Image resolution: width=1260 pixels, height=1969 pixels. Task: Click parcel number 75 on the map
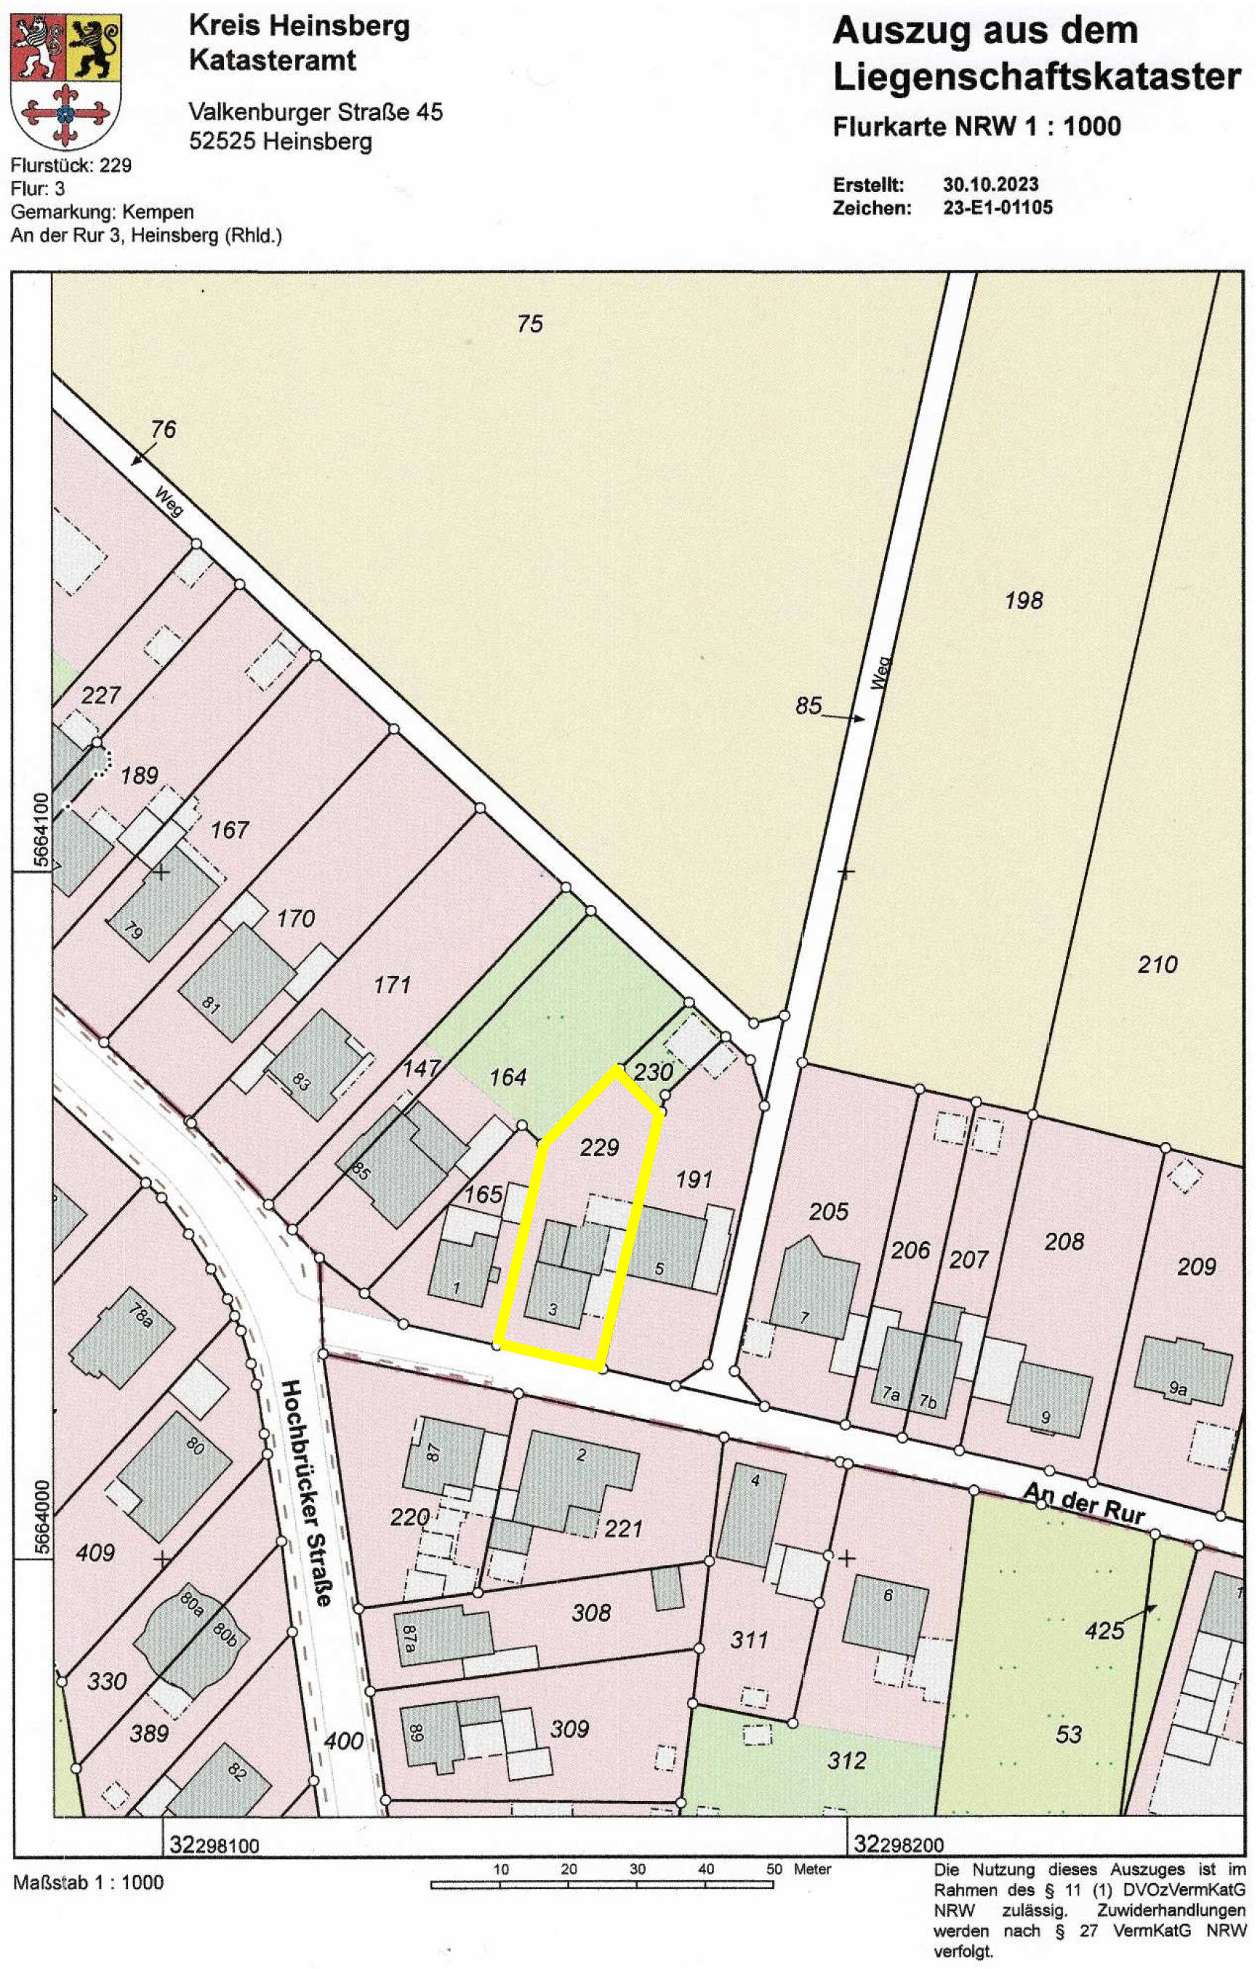pos(529,324)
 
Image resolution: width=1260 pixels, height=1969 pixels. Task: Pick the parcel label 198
pos(1024,601)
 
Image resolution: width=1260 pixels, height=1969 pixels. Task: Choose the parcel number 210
pos(1157,964)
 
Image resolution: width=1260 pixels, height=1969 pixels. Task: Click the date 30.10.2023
pos(990,184)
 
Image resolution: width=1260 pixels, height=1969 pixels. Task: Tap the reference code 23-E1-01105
pos(998,207)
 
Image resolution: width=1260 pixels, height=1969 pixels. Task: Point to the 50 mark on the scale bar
pos(773,1845)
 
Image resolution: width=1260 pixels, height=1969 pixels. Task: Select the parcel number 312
pos(846,1760)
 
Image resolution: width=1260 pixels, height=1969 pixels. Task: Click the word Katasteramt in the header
pos(273,60)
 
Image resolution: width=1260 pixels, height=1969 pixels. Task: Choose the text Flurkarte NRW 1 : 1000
pos(976,126)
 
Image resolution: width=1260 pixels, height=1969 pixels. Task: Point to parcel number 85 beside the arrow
pos(808,706)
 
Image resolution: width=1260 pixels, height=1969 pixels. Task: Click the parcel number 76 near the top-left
pos(163,429)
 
